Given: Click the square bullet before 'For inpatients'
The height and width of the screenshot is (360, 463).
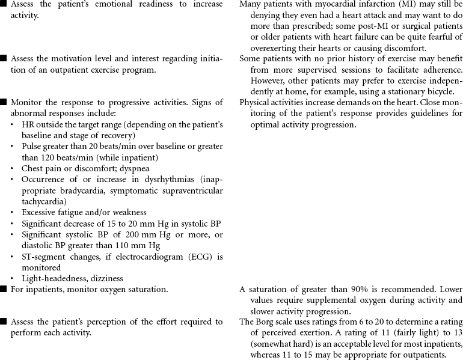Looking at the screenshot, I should (4, 289).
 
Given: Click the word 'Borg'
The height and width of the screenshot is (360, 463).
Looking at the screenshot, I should (266, 322).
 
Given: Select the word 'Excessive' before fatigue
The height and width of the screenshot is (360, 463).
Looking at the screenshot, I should (41, 212).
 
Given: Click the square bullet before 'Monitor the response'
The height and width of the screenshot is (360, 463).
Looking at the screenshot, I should (4, 102).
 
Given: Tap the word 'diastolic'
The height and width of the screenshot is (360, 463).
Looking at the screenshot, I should (39, 245).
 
